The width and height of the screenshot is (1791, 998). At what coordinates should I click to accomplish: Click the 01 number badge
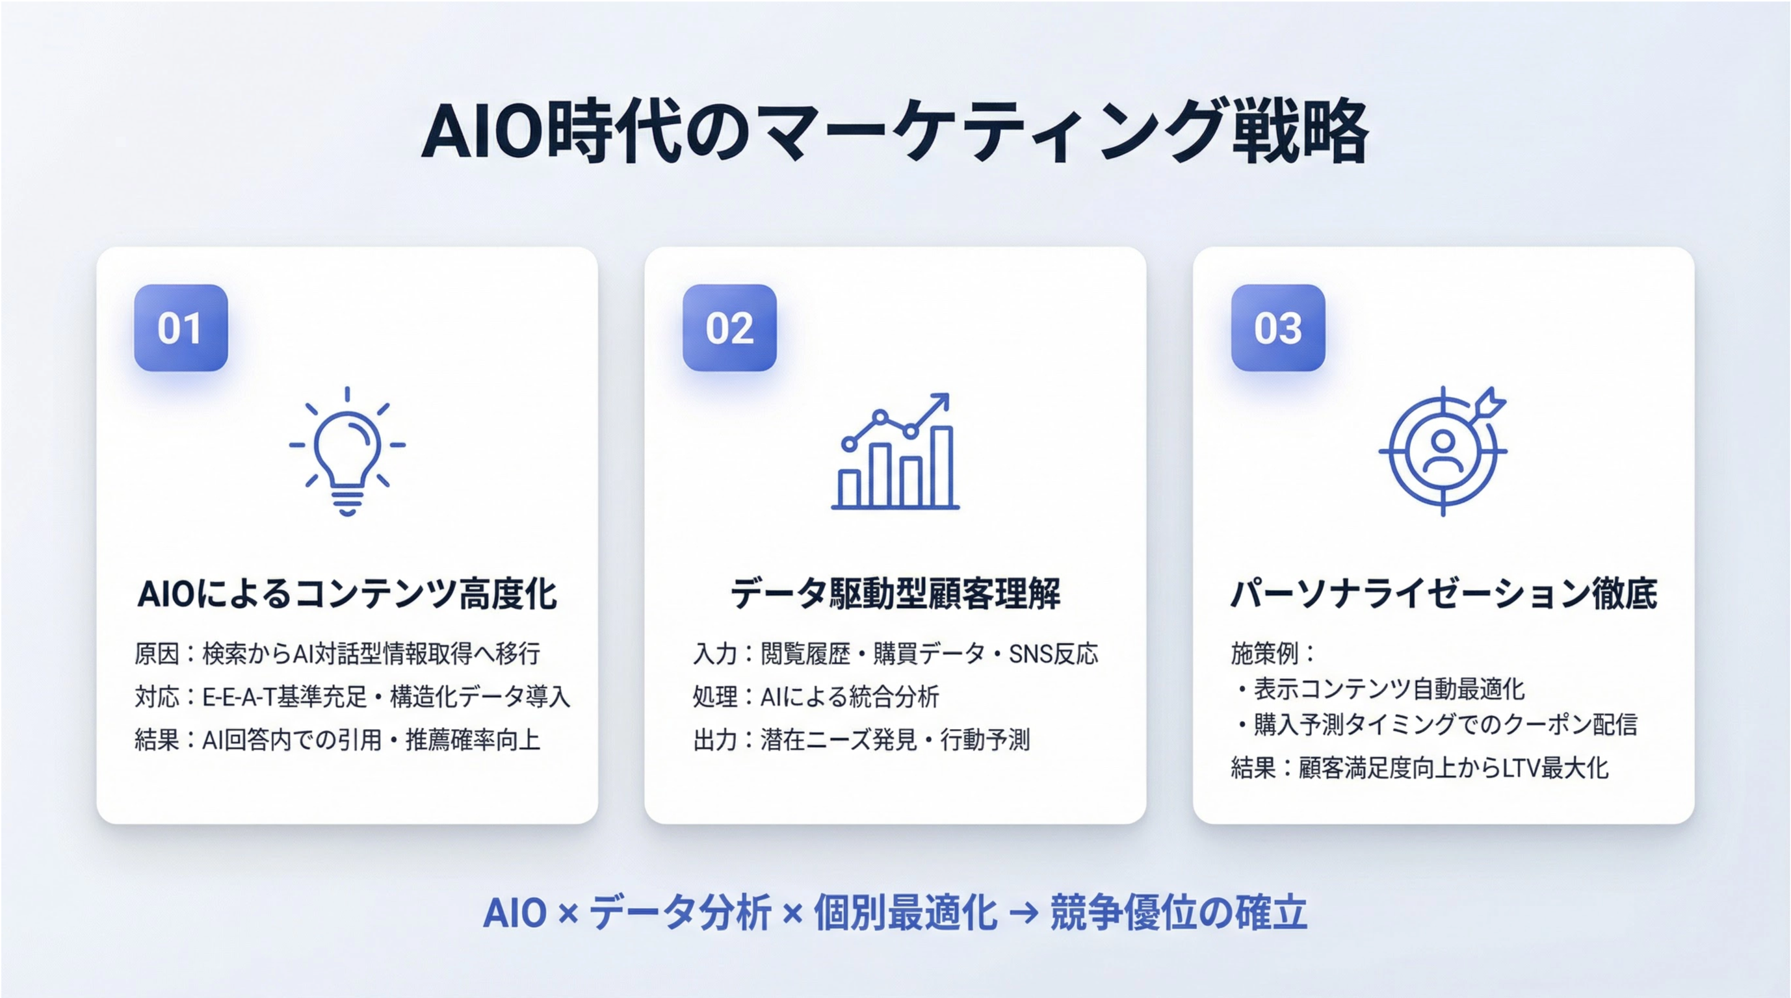tap(181, 327)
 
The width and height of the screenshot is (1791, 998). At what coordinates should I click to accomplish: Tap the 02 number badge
tap(729, 327)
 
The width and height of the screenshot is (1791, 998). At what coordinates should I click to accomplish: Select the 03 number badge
tap(1278, 327)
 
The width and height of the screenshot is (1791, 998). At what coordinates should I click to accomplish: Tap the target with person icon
tap(1443, 452)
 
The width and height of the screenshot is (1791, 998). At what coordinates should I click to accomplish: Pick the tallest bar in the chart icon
tap(942, 467)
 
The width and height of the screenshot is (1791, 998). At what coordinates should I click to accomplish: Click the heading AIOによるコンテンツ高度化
tap(348, 595)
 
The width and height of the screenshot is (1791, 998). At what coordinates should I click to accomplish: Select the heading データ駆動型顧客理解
tap(896, 595)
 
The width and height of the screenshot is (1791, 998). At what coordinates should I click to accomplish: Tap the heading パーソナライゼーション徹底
tap(1443, 595)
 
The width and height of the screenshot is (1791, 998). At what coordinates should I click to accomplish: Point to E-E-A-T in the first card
tap(239, 697)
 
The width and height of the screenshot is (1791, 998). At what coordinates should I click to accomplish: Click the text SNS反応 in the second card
tap(1053, 654)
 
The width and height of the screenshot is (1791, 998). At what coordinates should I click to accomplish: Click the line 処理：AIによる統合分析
tap(817, 697)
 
